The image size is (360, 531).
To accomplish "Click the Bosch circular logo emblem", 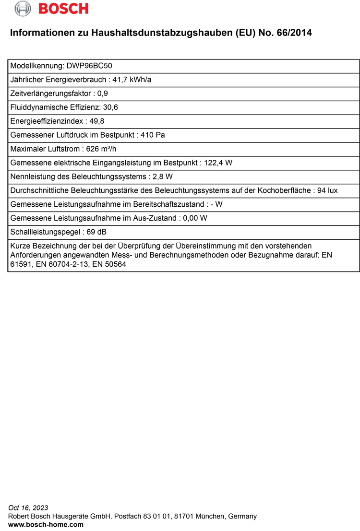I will tap(23, 9).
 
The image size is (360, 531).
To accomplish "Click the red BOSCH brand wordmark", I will tap(63, 9).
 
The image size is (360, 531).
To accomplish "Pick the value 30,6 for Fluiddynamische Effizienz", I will tap(110, 107).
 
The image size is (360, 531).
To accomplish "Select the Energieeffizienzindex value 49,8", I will tap(96, 121).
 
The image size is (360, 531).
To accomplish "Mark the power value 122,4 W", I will tap(218, 163).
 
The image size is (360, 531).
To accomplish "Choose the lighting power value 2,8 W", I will tap(163, 177).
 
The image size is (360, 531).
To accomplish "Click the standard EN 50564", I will tap(109, 264).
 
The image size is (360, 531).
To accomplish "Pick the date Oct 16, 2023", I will tap(28, 508).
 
